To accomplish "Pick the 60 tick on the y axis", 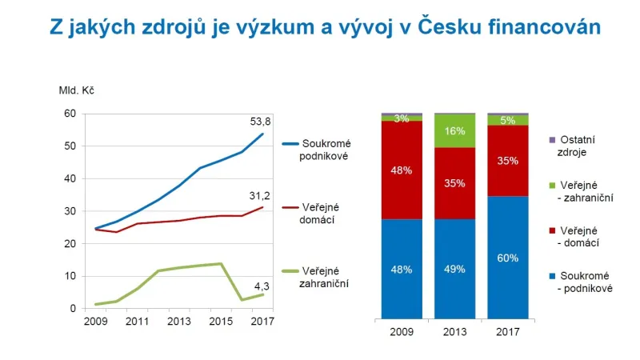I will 69,114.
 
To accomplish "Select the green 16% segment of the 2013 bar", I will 454,131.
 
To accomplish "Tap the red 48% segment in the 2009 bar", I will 402,170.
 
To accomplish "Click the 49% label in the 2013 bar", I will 454,269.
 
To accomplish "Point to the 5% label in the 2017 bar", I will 508,121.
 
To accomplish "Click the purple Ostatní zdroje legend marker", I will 552,140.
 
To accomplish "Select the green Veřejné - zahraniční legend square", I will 552,184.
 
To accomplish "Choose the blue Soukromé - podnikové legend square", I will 552,275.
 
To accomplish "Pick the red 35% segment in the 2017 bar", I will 508,160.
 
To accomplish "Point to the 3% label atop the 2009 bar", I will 402,118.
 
